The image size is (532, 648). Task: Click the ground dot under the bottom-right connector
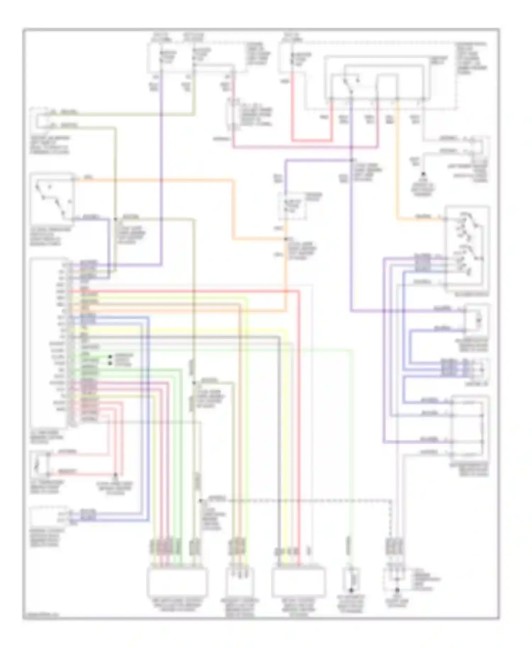pyautogui.click(x=397, y=590)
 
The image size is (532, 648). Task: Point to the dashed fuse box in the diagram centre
pyautogui.click(x=292, y=206)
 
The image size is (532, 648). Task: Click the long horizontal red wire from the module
pyautogui.click(x=184, y=291)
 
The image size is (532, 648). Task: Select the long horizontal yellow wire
pyautogui.click(x=177, y=330)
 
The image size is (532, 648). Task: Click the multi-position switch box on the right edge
pyautogui.click(x=467, y=248)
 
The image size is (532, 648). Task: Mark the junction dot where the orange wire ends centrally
pyautogui.click(x=286, y=239)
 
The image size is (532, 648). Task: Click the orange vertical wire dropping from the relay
pyautogui.click(x=397, y=160)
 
